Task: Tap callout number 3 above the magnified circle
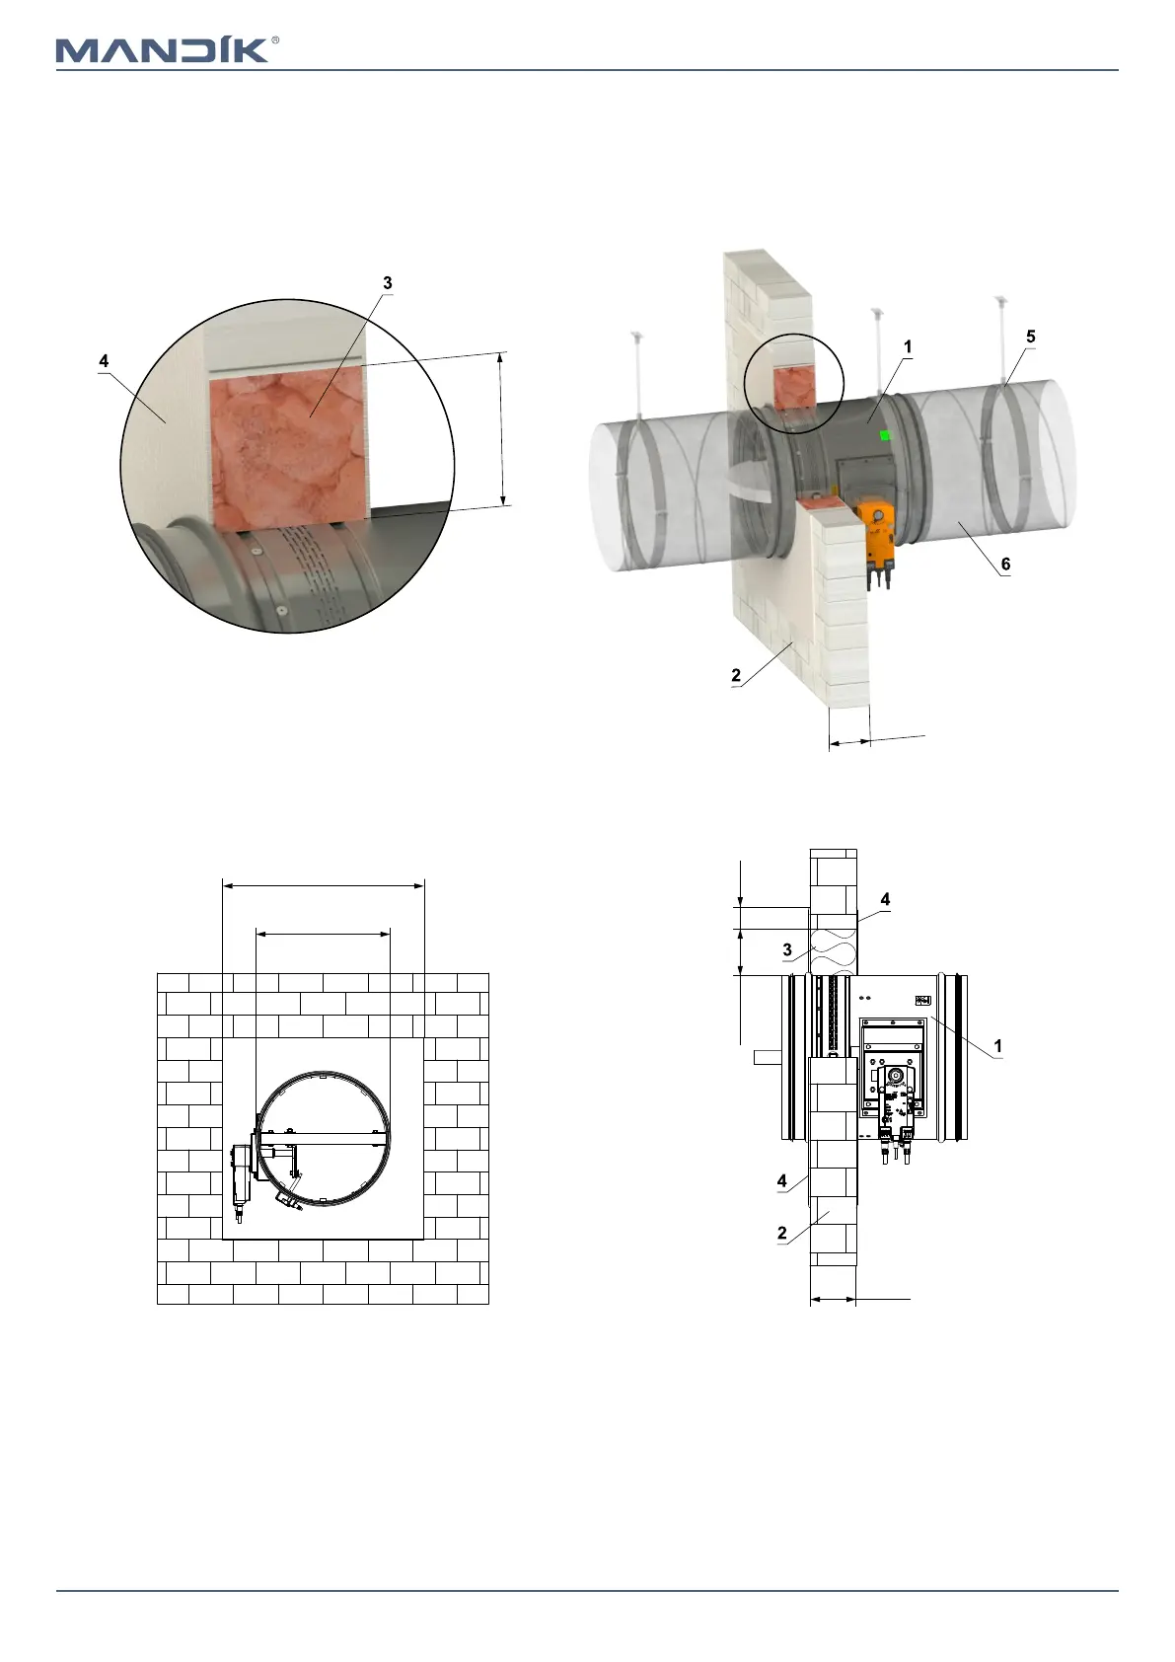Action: click(x=387, y=282)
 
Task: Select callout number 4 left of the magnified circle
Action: click(x=104, y=360)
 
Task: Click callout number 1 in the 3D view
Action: click(x=908, y=346)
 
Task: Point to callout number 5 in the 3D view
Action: click(x=1030, y=337)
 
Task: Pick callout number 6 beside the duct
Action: click(x=1006, y=564)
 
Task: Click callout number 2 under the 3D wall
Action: click(x=736, y=675)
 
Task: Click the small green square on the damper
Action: click(x=884, y=435)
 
